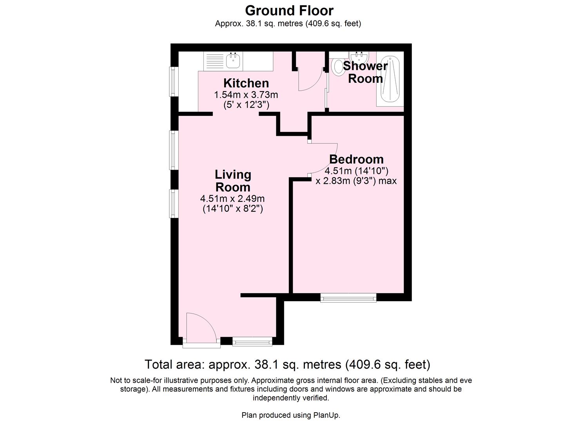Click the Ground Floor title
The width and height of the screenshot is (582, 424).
click(289, 10)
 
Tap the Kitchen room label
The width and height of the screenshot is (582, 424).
click(246, 83)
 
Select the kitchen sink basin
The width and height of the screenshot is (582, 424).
click(233, 60)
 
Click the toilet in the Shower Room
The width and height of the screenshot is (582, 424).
click(337, 66)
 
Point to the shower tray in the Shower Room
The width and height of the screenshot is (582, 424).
click(390, 80)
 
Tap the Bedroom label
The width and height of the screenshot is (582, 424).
click(356, 159)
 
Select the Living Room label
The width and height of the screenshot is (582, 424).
click(233, 181)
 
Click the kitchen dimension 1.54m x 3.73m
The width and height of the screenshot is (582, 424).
click(246, 95)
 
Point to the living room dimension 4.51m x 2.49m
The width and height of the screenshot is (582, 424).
click(232, 198)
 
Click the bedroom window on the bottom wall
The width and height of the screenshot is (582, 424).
click(348, 298)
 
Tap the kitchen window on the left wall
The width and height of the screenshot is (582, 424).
click(172, 81)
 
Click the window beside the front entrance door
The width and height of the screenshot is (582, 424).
click(252, 342)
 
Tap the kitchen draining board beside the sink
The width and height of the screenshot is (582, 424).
click(214, 61)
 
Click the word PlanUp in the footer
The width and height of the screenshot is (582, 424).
click(326, 415)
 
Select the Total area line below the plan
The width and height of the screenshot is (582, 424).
click(287, 364)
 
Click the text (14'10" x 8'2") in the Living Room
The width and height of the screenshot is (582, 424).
click(232, 208)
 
